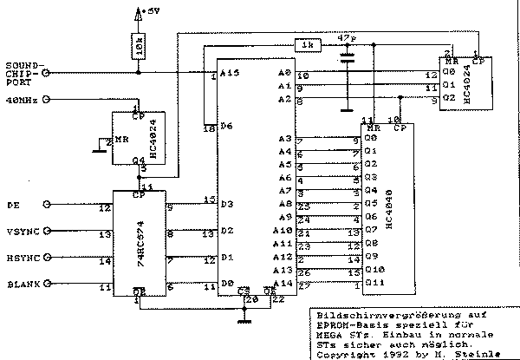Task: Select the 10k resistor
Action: [x=139, y=45]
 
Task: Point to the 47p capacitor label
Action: [x=347, y=38]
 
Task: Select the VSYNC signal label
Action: [x=23, y=232]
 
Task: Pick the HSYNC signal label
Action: [x=23, y=258]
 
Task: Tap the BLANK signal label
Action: [x=23, y=284]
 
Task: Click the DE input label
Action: [x=12, y=206]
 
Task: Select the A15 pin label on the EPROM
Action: [x=230, y=74]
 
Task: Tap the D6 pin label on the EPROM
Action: [x=227, y=127]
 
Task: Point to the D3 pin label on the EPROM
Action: [x=227, y=205]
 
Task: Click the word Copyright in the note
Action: [x=341, y=353]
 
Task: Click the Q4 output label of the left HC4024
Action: [x=138, y=160]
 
